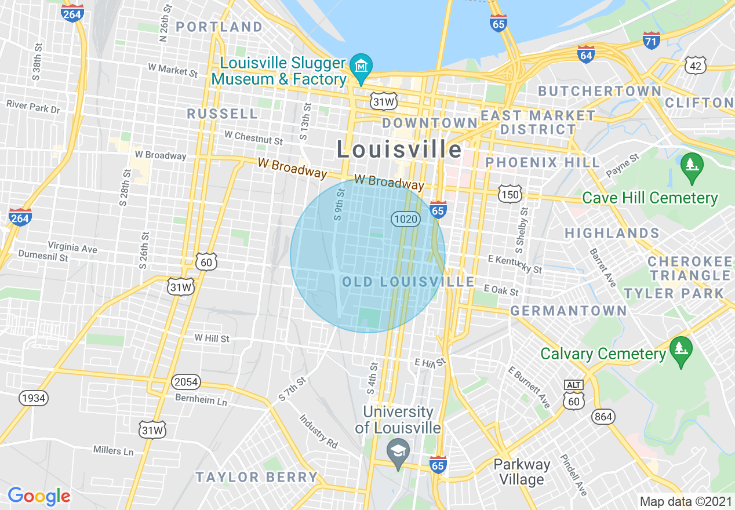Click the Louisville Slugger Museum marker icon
[363, 65]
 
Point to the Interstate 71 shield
[652, 40]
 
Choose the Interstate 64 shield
[586, 54]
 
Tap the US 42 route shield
[695, 65]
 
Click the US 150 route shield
[511, 194]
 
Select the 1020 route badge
[405, 218]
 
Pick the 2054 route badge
[185, 382]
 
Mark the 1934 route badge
[33, 398]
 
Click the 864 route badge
[603, 416]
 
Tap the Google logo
[39, 496]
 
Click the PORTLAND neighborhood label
[219, 27]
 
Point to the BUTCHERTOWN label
[599, 91]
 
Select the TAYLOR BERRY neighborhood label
[257, 477]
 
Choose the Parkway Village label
[522, 472]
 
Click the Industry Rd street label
[318, 431]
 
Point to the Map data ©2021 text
[685, 501]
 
